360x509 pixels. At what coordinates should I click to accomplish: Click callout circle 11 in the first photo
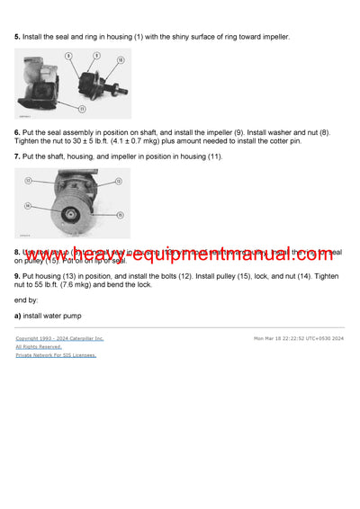[x=81, y=109]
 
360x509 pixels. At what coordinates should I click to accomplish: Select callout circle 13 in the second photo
[x=28, y=182]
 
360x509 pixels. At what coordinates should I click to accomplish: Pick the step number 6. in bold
[x=18, y=132]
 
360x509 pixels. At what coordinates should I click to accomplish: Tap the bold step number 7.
[x=18, y=156]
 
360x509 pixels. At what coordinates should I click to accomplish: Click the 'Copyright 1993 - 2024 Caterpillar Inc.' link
[x=59, y=338]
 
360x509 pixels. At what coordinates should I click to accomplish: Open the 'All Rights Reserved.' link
[x=39, y=346]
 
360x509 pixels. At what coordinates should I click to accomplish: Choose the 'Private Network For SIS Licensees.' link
[x=56, y=354]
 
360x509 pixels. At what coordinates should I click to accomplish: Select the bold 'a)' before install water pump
[x=18, y=316]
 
